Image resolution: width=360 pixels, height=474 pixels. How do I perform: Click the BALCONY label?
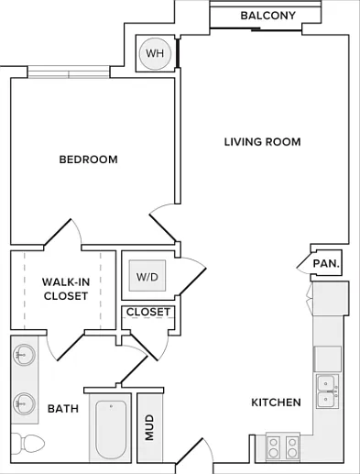(x=268, y=16)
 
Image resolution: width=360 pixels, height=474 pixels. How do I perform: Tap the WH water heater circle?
(x=155, y=53)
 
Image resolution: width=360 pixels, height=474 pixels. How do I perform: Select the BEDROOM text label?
(x=88, y=160)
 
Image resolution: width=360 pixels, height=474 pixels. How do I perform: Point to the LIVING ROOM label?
(x=262, y=142)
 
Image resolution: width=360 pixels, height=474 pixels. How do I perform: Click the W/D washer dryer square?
(x=147, y=276)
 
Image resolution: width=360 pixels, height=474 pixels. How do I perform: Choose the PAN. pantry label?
(x=326, y=263)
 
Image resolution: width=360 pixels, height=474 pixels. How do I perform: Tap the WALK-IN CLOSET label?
(x=66, y=289)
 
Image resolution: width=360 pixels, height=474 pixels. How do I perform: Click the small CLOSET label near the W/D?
(x=148, y=312)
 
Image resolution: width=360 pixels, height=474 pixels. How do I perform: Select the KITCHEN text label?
(x=276, y=402)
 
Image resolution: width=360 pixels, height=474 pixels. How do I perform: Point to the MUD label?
(x=149, y=427)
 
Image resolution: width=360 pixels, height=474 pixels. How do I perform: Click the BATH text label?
(x=63, y=409)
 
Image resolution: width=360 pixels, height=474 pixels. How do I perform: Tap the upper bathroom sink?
(x=24, y=355)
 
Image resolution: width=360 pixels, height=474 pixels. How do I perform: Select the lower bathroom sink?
(x=24, y=403)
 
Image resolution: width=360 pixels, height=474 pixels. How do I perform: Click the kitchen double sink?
(x=327, y=391)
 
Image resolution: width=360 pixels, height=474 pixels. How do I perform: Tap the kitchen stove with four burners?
(x=283, y=446)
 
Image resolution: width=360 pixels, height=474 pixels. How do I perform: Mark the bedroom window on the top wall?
(x=69, y=72)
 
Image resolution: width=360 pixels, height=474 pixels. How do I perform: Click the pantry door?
(x=305, y=263)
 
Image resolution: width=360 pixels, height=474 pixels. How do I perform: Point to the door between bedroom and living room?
(x=162, y=223)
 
